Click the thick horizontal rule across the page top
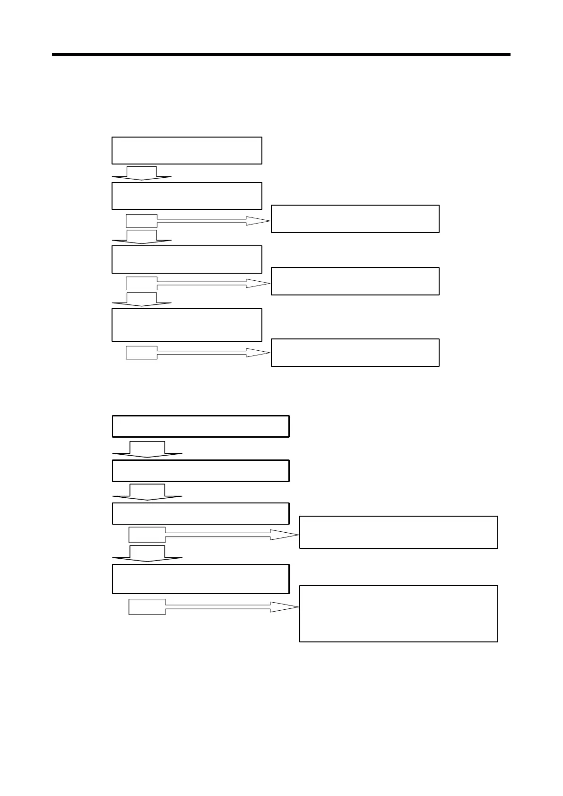(281, 55)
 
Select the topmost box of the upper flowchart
(187, 151)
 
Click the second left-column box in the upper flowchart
(187, 196)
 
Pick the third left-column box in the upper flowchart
(187, 260)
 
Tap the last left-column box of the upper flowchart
(187, 325)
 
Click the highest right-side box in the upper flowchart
(355, 219)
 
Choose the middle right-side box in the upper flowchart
(355, 281)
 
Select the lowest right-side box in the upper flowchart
(355, 353)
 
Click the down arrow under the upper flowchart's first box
(141, 173)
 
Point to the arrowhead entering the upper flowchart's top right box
(259, 220)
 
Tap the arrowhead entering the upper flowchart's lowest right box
(259, 353)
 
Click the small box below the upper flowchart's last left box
(141, 353)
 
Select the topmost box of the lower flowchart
(200, 426)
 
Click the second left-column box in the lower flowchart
(200, 471)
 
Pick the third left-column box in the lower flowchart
(200, 513)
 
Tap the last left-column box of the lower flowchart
(200, 579)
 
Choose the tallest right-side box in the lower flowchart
(398, 614)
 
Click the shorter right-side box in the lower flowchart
(398, 532)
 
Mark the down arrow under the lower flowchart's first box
(147, 450)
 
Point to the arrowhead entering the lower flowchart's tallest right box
(284, 607)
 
